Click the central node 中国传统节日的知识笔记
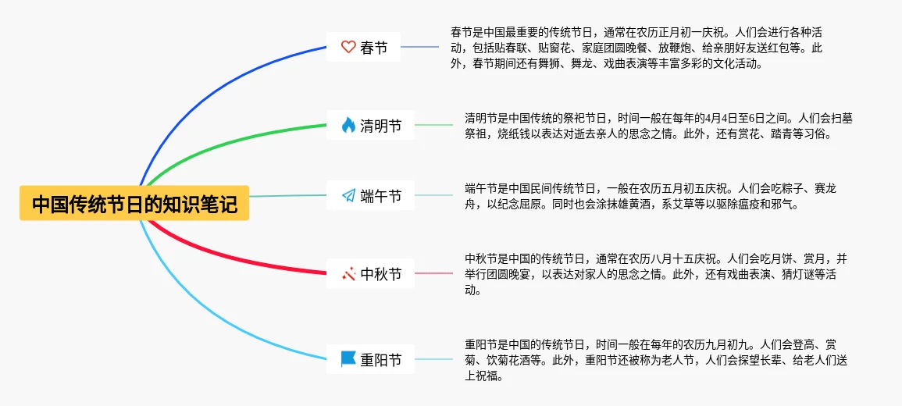[x=134, y=203]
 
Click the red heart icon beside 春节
[x=348, y=47]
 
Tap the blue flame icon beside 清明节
[x=348, y=125]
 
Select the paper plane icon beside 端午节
[x=348, y=196]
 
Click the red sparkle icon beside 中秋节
[x=348, y=275]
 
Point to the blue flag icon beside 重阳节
[x=348, y=359]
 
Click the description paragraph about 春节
[x=640, y=48]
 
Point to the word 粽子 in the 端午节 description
[x=798, y=189]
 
